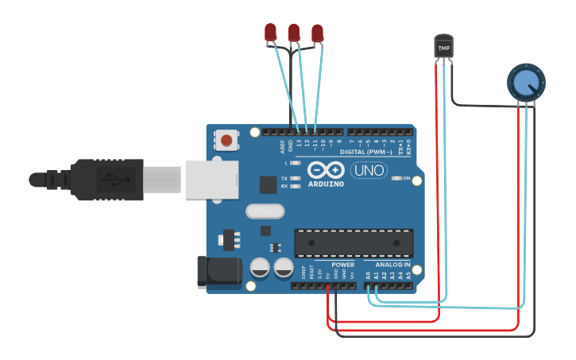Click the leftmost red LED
pyautogui.click(x=270, y=33)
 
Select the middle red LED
pyautogui.click(x=294, y=33)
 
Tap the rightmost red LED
pyautogui.click(x=318, y=33)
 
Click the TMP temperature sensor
pyautogui.click(x=444, y=47)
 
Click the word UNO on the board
pyautogui.click(x=369, y=170)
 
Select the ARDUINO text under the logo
pyautogui.click(x=326, y=184)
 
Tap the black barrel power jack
pyautogui.click(x=218, y=270)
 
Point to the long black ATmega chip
pyautogui.click(x=354, y=242)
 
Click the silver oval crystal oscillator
pyautogui.click(x=265, y=211)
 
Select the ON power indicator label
pyautogui.click(x=407, y=178)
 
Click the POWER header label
pyautogui.click(x=343, y=265)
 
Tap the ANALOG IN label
pyautogui.click(x=392, y=265)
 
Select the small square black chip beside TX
pyautogui.click(x=268, y=184)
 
